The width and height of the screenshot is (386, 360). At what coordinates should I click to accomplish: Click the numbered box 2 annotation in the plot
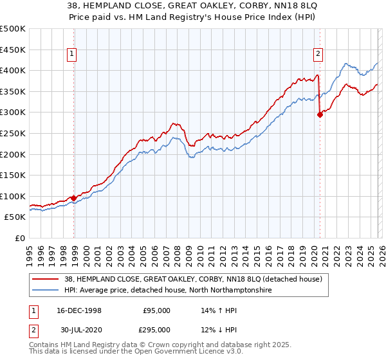tap(318, 55)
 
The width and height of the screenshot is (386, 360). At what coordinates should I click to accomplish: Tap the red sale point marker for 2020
tap(320, 115)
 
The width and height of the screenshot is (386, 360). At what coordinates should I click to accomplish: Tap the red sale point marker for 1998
tap(74, 198)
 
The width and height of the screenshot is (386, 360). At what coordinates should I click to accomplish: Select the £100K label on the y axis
tap(13, 196)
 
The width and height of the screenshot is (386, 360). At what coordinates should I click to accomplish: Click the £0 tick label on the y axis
tap(19, 239)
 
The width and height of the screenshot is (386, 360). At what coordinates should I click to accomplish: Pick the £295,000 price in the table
tap(156, 330)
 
